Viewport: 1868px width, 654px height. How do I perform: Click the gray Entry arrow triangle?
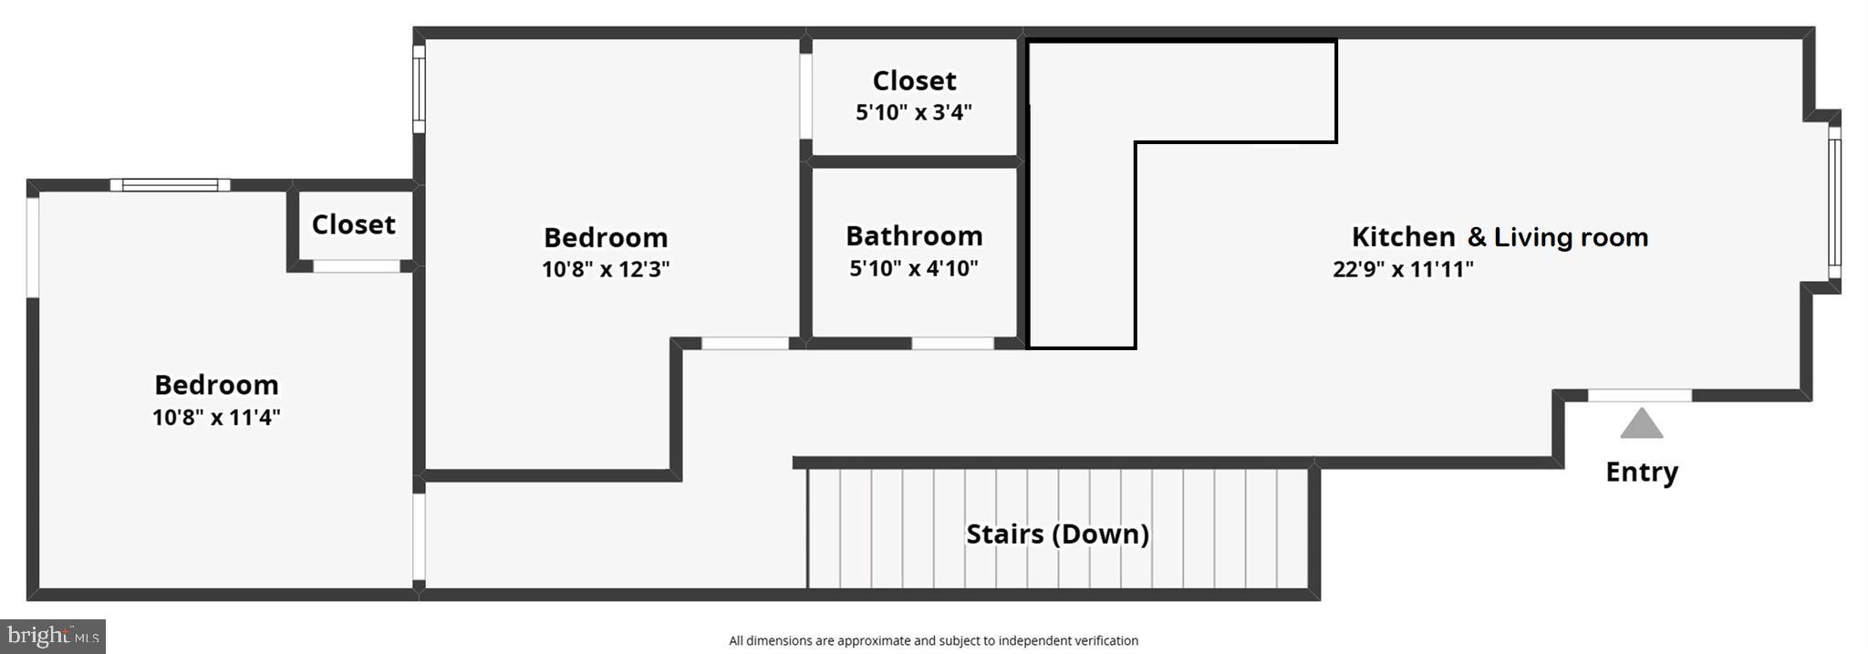tap(1641, 424)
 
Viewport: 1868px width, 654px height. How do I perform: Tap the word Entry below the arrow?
tap(1641, 472)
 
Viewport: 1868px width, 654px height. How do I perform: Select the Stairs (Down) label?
tap(1057, 534)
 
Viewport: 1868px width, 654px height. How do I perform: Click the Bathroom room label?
tap(914, 236)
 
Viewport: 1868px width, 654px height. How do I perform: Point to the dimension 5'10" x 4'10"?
tap(914, 268)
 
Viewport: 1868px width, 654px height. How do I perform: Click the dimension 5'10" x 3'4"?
tap(914, 112)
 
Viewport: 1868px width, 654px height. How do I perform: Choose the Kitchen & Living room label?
tap(1500, 237)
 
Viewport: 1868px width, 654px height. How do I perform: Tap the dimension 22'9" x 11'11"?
tap(1403, 269)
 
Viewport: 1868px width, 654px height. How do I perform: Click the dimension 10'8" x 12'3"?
tap(606, 269)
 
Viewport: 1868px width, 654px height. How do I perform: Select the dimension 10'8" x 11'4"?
tap(216, 417)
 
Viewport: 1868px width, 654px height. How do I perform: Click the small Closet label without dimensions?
tap(353, 224)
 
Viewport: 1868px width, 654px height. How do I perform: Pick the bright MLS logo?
tap(53, 636)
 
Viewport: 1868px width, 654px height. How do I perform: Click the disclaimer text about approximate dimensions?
tap(933, 640)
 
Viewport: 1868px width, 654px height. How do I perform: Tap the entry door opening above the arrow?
tap(1639, 395)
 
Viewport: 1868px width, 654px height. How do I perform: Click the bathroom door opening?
tap(952, 343)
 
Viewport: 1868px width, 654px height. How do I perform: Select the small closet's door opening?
tap(357, 266)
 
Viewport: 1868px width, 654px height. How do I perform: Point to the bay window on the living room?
tap(1834, 202)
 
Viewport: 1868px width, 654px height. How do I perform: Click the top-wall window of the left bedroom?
tap(170, 185)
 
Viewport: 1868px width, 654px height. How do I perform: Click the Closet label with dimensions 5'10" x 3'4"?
tap(914, 81)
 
